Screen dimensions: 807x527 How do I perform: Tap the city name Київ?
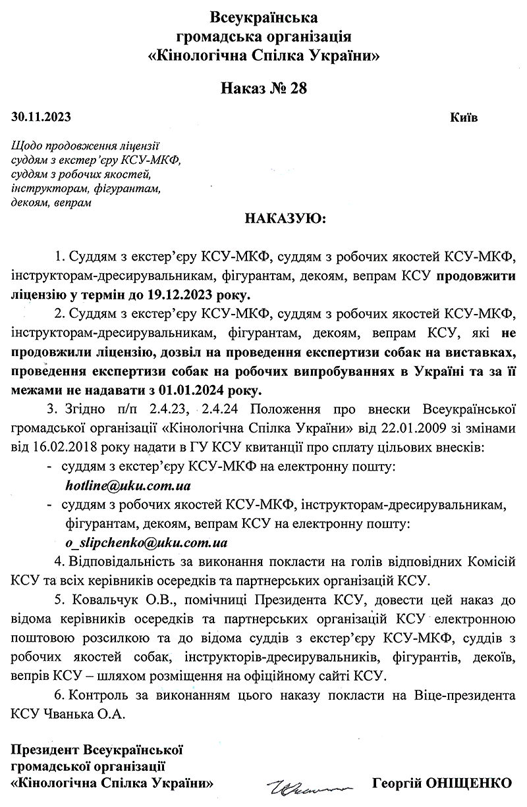[464, 118]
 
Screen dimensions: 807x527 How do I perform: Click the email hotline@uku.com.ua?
[128, 486]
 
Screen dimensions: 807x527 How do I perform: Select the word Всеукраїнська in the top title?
[263, 16]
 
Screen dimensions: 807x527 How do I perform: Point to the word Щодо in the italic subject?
[26, 145]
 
